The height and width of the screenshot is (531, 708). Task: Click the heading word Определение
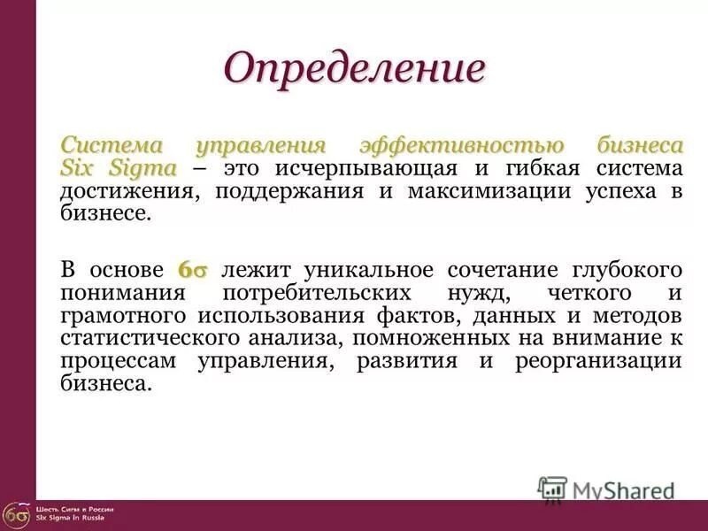[355, 68]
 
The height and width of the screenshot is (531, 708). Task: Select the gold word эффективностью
[459, 145]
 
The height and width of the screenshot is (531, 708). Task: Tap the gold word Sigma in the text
[142, 168]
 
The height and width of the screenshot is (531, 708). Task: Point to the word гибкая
[543, 168]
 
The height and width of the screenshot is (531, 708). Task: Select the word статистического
[150, 338]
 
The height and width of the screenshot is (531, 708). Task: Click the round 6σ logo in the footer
[15, 514]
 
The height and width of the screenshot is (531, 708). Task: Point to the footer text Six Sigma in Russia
[70, 518]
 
